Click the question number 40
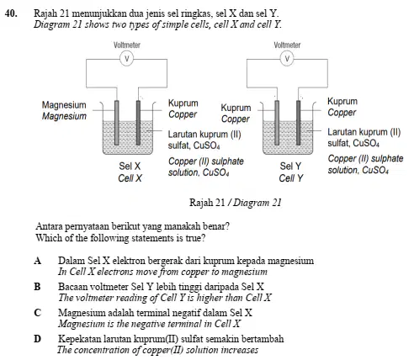click(x=11, y=13)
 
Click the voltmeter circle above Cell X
click(x=127, y=59)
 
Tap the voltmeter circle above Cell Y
click(x=287, y=59)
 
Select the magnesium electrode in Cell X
click(x=117, y=123)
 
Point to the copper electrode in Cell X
click(x=138, y=123)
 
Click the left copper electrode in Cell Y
click(x=277, y=123)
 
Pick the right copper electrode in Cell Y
click(x=299, y=123)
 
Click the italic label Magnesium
click(x=64, y=116)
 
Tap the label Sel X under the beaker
click(x=130, y=166)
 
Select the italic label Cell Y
click(x=291, y=178)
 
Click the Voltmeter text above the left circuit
click(x=127, y=45)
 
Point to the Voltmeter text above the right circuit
click(x=287, y=45)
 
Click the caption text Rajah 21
click(x=207, y=203)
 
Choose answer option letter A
click(x=38, y=261)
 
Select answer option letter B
click(x=37, y=287)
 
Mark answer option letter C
click(x=38, y=313)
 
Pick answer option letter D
click(x=38, y=339)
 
